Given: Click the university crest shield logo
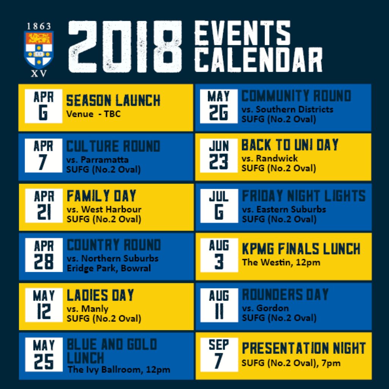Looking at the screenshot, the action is (39, 50).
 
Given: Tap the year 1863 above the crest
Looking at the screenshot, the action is (39, 26).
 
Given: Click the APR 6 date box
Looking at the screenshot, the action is (43, 106).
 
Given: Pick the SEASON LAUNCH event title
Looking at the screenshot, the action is (113, 100).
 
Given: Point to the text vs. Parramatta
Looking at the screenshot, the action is (98, 160).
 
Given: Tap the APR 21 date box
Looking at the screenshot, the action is (44, 206).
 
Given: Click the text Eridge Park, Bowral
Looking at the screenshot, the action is (109, 268).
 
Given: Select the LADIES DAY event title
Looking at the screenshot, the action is (100, 295).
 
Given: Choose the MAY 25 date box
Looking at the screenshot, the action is (44, 354).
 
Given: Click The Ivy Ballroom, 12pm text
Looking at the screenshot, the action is (119, 369).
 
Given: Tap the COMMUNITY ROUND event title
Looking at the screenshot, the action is (296, 96).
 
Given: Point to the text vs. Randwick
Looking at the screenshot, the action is (270, 158).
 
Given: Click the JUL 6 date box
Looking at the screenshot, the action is (219, 206).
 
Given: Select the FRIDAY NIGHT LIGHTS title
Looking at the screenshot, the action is (304, 196).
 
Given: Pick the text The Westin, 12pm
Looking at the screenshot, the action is (281, 262).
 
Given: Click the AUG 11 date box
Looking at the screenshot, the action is (219, 305).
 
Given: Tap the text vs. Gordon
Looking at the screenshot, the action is (266, 308).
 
